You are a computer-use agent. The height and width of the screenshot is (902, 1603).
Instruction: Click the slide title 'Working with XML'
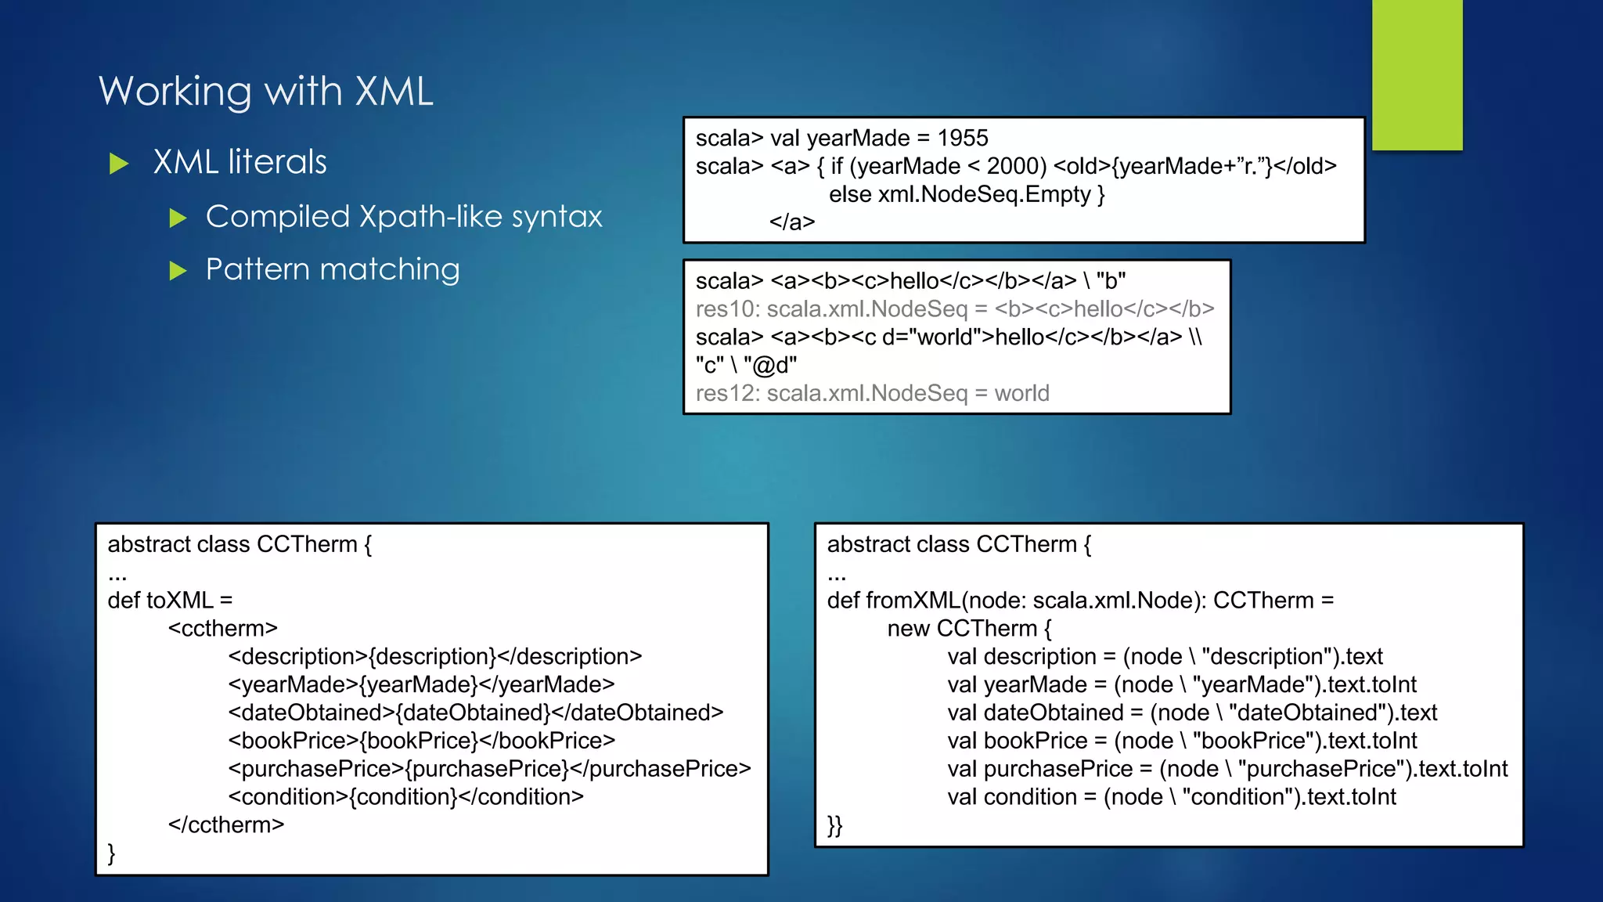[x=266, y=92]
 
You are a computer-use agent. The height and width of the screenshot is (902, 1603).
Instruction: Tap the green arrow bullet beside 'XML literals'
[x=119, y=164]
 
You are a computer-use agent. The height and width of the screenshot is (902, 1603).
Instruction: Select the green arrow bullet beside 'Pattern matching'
[x=178, y=271]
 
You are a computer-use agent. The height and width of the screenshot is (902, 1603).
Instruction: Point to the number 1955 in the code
[x=963, y=139]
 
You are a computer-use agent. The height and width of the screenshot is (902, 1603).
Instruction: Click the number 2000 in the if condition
[x=1013, y=167]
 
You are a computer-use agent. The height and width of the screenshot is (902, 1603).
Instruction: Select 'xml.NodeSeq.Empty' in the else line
[x=984, y=194]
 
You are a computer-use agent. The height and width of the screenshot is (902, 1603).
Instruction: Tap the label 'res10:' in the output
[x=727, y=309]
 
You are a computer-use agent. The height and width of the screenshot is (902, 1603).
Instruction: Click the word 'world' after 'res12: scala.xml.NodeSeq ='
[x=1021, y=393]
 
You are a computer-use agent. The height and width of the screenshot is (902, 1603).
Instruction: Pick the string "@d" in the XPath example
[x=770, y=366]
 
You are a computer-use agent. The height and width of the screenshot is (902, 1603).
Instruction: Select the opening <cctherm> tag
[x=223, y=629]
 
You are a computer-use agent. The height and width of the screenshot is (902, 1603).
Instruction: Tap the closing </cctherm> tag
[x=226, y=825]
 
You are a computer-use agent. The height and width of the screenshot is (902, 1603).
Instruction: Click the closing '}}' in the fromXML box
[x=834, y=825]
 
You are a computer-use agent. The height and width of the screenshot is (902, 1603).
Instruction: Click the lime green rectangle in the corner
[x=1417, y=74]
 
